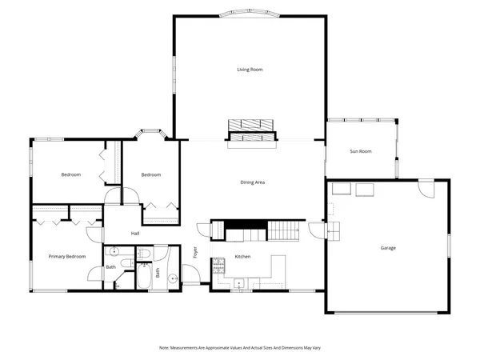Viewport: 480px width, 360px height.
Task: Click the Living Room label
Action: click(x=250, y=70)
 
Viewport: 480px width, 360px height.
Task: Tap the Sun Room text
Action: click(x=361, y=151)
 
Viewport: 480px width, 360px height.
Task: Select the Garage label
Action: click(x=388, y=247)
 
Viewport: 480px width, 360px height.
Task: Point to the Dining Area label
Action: click(x=253, y=182)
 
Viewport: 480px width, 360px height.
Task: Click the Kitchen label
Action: click(x=243, y=257)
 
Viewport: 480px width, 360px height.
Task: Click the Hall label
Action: click(x=136, y=234)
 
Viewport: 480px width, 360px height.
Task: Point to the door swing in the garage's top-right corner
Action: click(x=426, y=191)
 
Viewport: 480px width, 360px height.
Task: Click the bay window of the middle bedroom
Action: click(x=150, y=133)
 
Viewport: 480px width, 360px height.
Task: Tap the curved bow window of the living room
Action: click(x=250, y=14)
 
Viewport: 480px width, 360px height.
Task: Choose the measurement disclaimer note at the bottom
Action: click(x=240, y=348)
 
